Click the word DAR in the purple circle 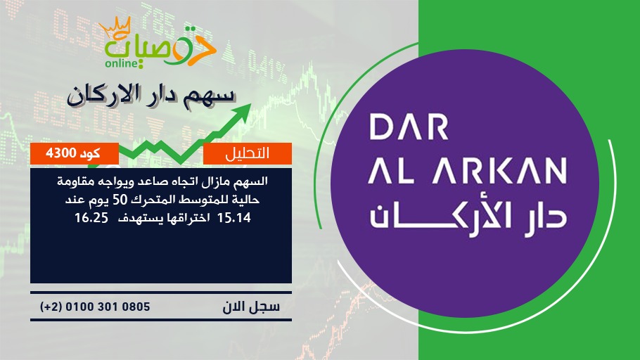[409, 127]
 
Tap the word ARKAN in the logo [499, 171]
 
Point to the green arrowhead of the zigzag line [243, 112]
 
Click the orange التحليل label [248, 153]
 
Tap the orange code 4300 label [75, 153]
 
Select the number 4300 [60, 153]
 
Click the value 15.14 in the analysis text [234, 218]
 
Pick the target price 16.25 [91, 218]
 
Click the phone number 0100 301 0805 [108, 307]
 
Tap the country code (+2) [51, 307]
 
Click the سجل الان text [251, 307]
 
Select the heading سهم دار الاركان [151, 95]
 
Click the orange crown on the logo [115, 27]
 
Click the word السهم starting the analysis [253, 181]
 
